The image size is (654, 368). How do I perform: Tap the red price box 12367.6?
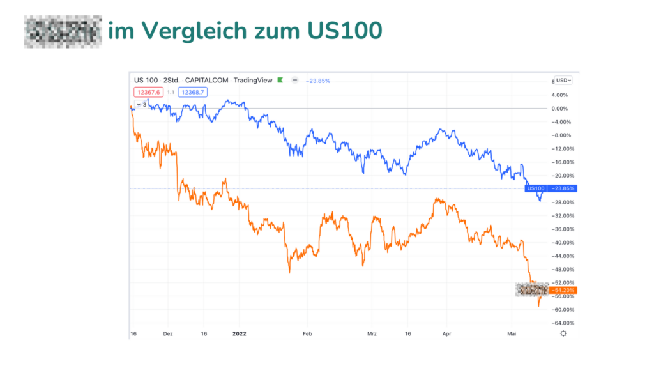pos(148,92)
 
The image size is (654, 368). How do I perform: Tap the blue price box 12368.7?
pos(193,92)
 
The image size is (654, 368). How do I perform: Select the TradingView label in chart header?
pos(253,80)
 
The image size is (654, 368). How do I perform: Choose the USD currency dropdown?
pos(564,80)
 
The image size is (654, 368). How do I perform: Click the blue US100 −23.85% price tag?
pos(551,188)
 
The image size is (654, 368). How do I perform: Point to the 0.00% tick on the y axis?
pos(562,108)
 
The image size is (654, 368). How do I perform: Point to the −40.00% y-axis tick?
pos(562,243)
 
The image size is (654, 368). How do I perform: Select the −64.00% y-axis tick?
pos(562,323)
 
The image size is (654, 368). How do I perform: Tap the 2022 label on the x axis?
pos(239,333)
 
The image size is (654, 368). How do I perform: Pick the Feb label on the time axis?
pos(307,333)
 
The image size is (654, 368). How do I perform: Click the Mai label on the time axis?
pos(511,333)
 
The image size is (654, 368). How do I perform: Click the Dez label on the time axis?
pos(168,333)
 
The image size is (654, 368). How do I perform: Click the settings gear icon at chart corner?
pos(563,333)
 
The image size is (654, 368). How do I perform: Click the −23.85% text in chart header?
pos(318,80)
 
